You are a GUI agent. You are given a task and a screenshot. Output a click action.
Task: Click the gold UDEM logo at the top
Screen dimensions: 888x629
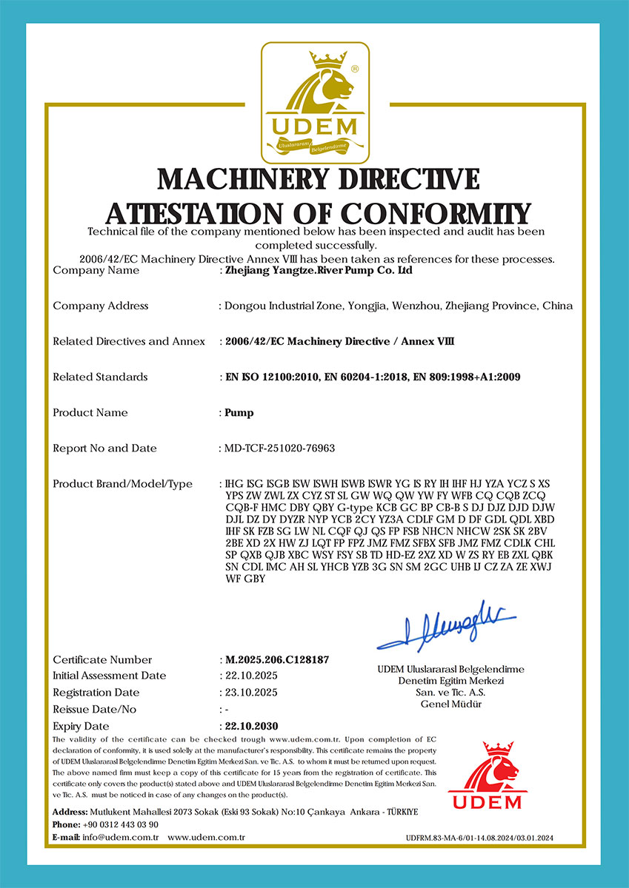315,102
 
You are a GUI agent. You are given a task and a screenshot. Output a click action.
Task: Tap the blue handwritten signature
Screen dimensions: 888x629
445,625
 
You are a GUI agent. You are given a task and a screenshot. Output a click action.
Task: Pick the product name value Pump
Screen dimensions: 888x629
239,412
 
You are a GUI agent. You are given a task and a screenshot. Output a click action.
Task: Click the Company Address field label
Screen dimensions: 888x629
101,306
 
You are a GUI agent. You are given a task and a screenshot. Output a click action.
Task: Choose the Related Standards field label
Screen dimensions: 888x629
100,377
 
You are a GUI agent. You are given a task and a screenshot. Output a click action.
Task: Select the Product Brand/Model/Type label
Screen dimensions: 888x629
122,484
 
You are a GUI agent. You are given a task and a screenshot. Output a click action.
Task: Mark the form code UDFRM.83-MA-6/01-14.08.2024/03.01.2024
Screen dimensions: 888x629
479,838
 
